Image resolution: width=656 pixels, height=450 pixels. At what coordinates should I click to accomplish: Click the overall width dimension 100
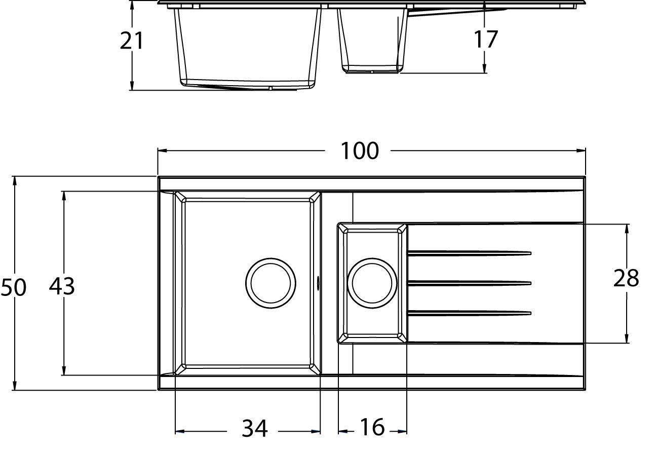359,151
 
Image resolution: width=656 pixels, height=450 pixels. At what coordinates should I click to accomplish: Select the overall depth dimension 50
13,287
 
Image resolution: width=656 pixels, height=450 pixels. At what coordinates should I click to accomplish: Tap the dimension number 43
62,286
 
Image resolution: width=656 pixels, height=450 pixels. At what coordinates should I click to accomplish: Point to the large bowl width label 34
254,429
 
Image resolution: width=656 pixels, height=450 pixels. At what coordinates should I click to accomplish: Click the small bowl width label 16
372,427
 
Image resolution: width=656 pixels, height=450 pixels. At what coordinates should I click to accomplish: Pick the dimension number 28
626,278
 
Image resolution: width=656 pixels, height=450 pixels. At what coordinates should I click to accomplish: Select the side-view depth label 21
132,41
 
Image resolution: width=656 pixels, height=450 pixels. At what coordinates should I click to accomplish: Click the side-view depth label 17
485,39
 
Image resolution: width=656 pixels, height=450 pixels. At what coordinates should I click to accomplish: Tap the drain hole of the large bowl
271,283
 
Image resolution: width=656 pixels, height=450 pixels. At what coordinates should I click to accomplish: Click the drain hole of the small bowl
372,283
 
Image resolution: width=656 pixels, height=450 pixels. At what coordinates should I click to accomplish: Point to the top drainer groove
469,253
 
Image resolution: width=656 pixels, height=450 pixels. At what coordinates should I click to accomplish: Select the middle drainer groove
469,283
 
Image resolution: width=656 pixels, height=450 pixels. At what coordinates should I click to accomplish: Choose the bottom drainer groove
469,313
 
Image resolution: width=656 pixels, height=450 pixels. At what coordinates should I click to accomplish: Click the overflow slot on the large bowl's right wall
318,283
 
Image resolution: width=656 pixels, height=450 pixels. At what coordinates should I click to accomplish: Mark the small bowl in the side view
372,41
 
